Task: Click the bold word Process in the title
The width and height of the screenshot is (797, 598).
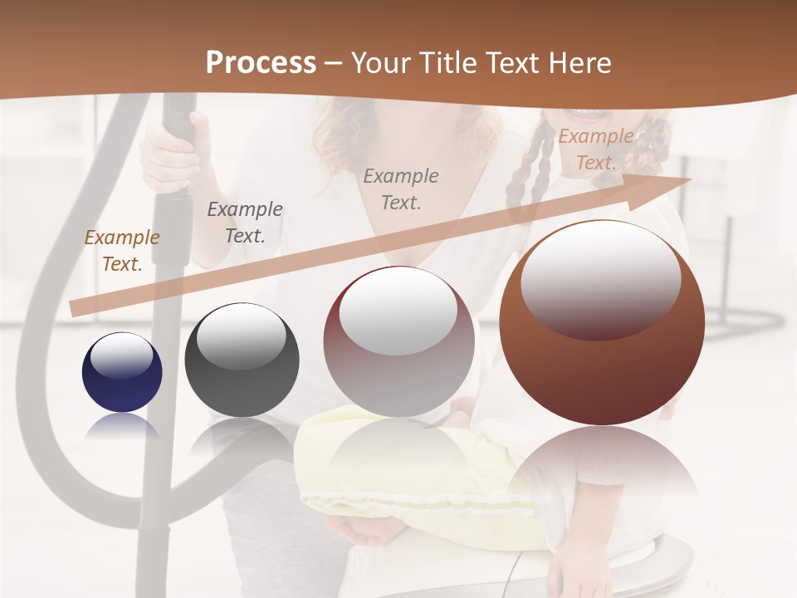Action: pyautogui.click(x=261, y=63)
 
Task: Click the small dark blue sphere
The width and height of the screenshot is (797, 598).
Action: pyautogui.click(x=122, y=372)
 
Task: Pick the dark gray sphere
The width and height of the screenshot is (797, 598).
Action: pyautogui.click(x=242, y=360)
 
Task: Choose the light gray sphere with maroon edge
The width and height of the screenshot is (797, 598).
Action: pyautogui.click(x=398, y=341)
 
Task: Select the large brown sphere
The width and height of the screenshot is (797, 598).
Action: pyautogui.click(x=602, y=322)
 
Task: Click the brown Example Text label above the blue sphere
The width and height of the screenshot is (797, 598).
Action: pyautogui.click(x=122, y=250)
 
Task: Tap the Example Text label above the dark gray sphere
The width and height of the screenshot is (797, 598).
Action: pyautogui.click(x=245, y=222)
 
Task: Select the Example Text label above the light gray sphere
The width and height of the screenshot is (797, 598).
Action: pyautogui.click(x=401, y=189)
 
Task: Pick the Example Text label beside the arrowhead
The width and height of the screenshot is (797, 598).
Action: pyautogui.click(x=595, y=149)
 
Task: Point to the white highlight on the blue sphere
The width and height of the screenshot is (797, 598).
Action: pyautogui.click(x=122, y=355)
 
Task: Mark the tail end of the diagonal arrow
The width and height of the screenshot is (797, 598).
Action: pyautogui.click(x=75, y=308)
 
